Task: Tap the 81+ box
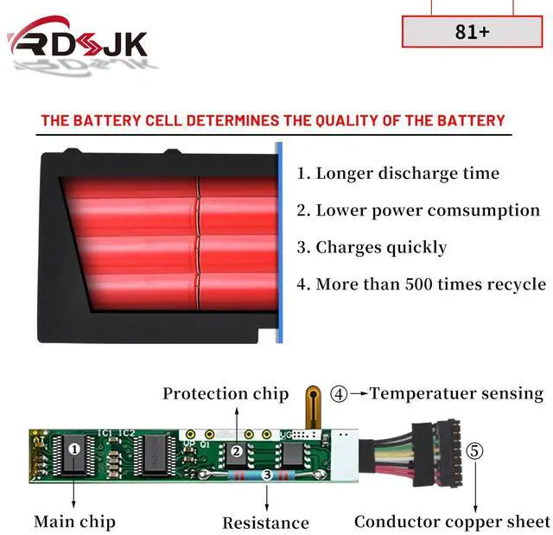pyautogui.click(x=471, y=32)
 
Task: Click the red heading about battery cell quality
pyautogui.click(x=272, y=120)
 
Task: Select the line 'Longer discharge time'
pyautogui.click(x=398, y=173)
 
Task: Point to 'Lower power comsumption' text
pyautogui.click(x=418, y=210)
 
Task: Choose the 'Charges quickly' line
pyautogui.click(x=372, y=247)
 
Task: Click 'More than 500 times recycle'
pyautogui.click(x=421, y=283)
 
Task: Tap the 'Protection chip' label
pyautogui.click(x=226, y=393)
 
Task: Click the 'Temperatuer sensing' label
pyautogui.click(x=456, y=393)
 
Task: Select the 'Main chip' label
pyautogui.click(x=74, y=521)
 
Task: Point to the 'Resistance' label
pyautogui.click(x=265, y=522)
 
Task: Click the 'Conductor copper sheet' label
pyautogui.click(x=452, y=521)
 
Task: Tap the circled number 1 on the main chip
pyautogui.click(x=74, y=448)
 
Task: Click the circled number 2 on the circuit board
pyautogui.click(x=235, y=450)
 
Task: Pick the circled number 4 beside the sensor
pyautogui.click(x=340, y=394)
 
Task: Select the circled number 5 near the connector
pyautogui.click(x=474, y=450)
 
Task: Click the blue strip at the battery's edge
pyautogui.click(x=278, y=242)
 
